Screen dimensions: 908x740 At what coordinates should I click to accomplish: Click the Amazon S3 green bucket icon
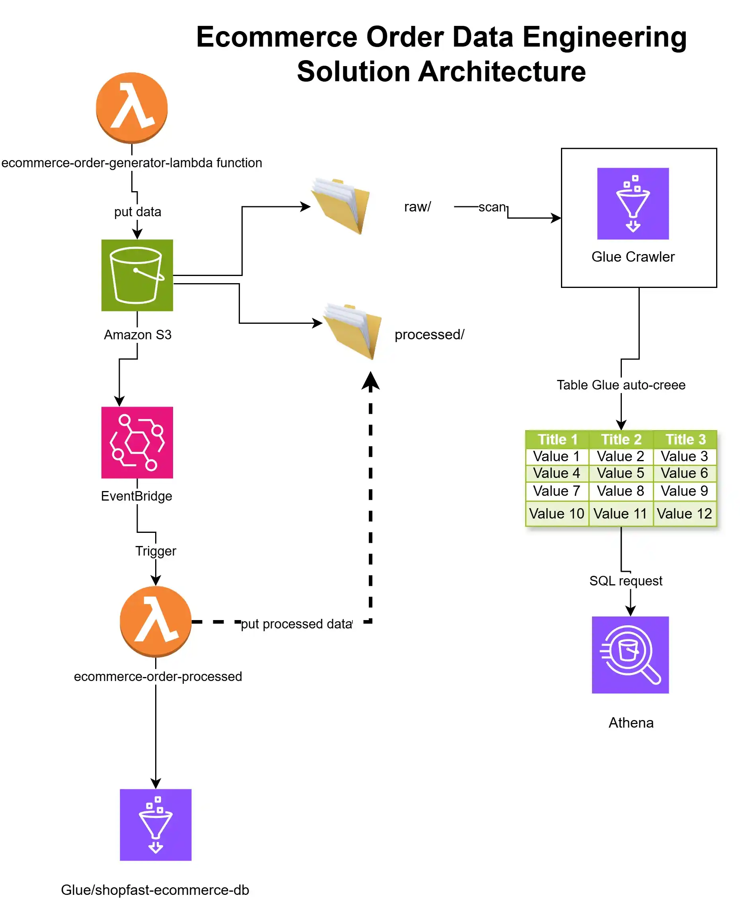click(x=137, y=275)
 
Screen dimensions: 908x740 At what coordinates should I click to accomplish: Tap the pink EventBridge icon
click(x=137, y=442)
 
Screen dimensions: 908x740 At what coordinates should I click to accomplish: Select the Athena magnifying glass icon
click(x=630, y=655)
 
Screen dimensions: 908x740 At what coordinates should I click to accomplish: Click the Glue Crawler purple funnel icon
click(x=633, y=204)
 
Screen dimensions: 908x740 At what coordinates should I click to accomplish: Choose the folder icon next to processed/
click(x=353, y=331)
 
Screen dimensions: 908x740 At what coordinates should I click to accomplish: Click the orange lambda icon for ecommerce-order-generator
click(x=132, y=108)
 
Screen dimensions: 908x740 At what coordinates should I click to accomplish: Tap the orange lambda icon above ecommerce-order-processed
click(x=156, y=621)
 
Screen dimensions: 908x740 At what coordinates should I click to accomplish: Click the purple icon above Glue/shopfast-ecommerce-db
click(x=156, y=825)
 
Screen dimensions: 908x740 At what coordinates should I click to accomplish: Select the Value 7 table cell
click(x=556, y=491)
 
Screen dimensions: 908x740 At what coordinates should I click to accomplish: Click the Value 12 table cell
click(x=684, y=513)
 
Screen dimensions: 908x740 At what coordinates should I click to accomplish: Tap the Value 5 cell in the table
click(x=621, y=473)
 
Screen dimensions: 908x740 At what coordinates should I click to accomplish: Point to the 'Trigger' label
click(x=156, y=551)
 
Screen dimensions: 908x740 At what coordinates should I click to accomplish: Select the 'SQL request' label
click(x=626, y=581)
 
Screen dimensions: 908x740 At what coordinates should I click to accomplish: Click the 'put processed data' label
click(x=297, y=624)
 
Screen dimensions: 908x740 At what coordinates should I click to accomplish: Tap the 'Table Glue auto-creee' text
click(x=621, y=385)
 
